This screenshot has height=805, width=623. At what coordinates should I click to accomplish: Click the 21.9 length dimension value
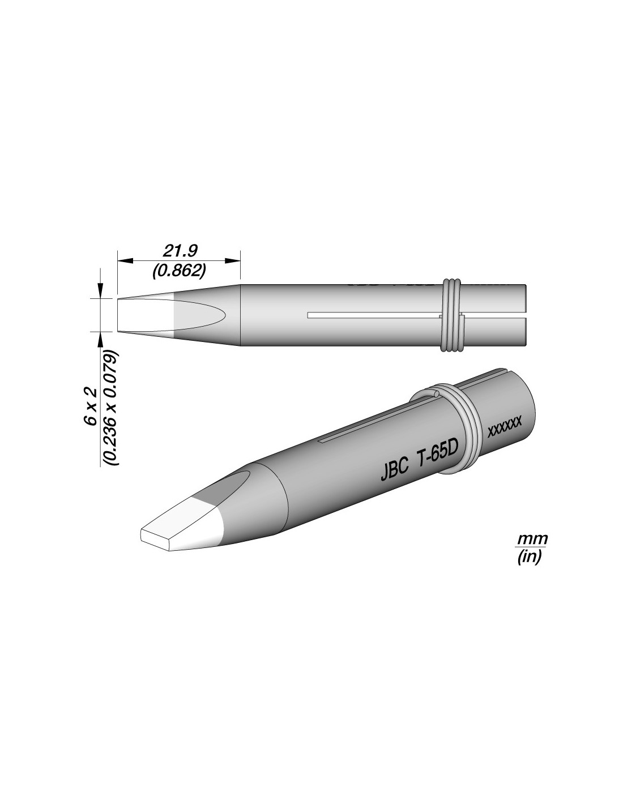click(x=180, y=251)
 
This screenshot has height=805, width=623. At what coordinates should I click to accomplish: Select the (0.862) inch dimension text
click(x=179, y=271)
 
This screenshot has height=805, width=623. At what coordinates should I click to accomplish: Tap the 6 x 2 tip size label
click(x=91, y=407)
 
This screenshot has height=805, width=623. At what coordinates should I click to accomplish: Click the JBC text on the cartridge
click(x=395, y=472)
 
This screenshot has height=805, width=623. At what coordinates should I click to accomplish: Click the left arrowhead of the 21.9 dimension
click(x=125, y=261)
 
